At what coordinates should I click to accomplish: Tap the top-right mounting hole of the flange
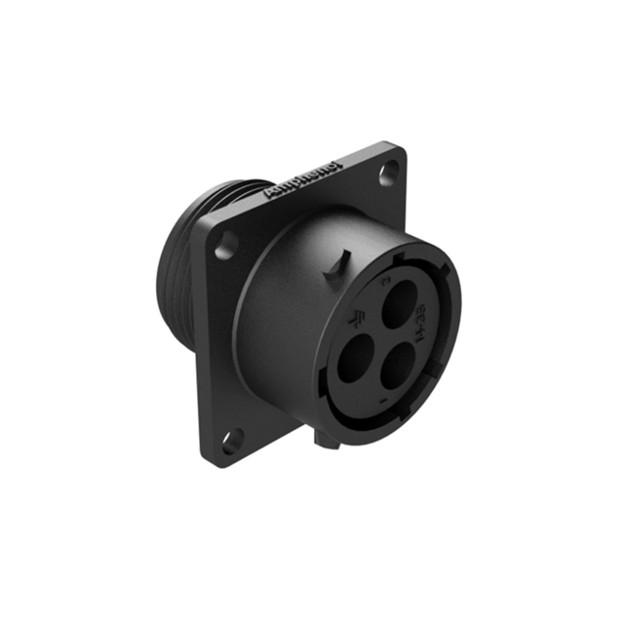391,172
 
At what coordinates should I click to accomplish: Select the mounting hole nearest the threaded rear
225,244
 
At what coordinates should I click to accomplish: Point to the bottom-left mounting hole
230,444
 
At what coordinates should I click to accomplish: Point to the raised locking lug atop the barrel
337,265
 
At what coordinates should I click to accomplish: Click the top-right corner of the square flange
401,147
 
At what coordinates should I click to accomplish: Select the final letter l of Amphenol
338,165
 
